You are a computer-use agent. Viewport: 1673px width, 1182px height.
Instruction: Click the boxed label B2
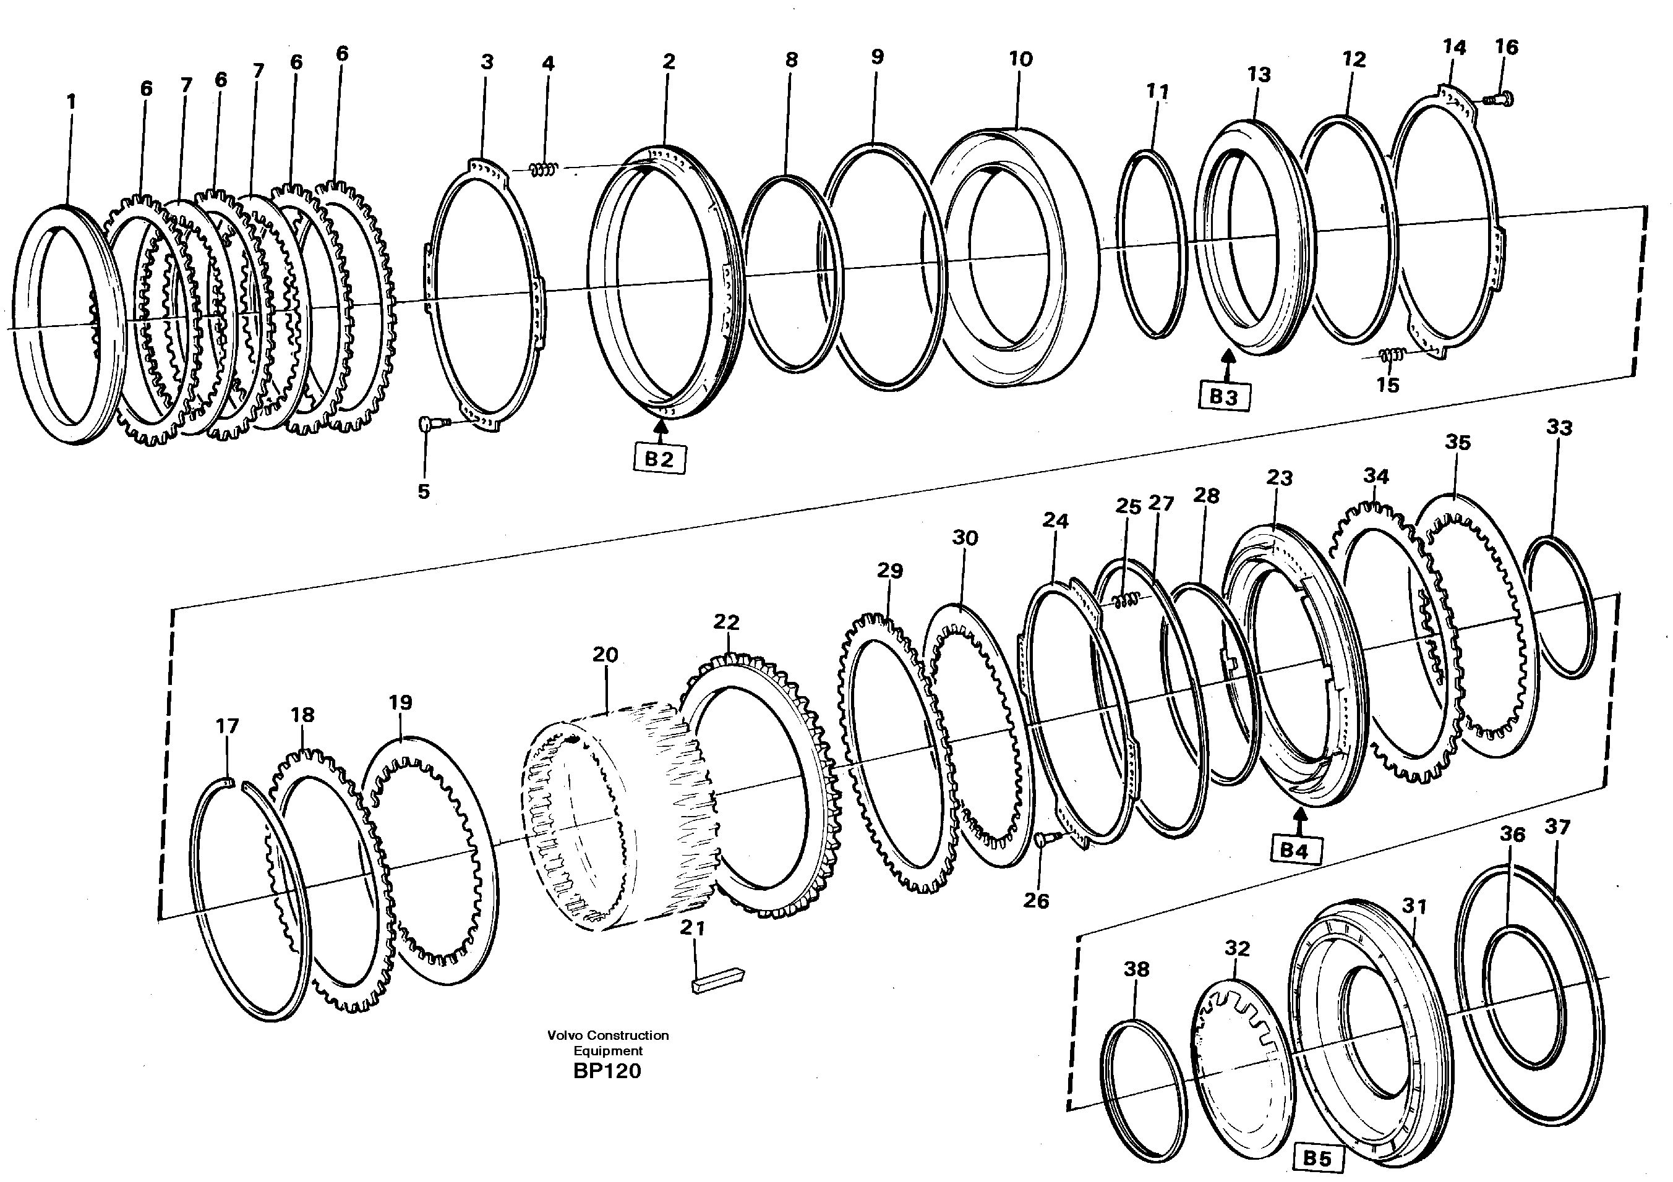659,459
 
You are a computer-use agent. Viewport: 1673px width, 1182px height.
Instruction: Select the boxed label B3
1223,397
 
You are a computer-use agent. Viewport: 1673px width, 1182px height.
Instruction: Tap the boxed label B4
1294,850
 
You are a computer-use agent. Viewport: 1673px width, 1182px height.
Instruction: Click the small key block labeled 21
717,980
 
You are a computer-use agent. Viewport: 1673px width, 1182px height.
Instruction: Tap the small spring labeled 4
544,169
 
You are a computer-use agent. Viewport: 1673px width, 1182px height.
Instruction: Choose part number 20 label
605,655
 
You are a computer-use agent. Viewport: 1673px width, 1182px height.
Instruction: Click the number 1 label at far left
71,102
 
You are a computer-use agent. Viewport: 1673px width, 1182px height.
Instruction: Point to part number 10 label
1020,59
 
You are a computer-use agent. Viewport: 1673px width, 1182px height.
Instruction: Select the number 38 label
1136,969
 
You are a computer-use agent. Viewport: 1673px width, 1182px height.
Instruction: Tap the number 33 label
1559,428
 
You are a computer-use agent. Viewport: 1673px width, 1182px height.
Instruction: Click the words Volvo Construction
608,1035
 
